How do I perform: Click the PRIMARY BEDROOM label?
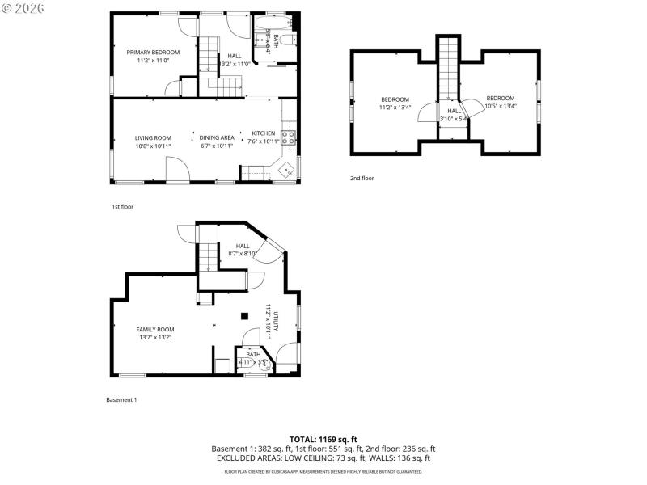pyautogui.click(x=153, y=52)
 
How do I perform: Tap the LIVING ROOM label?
pyautogui.click(x=153, y=138)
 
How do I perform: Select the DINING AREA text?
pyautogui.click(x=217, y=138)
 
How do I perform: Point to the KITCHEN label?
pyautogui.click(x=263, y=133)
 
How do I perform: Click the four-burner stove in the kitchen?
pyautogui.click(x=289, y=137)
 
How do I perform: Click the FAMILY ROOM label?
pyautogui.click(x=154, y=330)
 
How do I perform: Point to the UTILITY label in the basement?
pyautogui.click(x=276, y=321)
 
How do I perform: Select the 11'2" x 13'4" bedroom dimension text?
pyautogui.click(x=395, y=107)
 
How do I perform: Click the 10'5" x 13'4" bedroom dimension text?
pyautogui.click(x=500, y=106)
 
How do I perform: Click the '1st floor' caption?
pyautogui.click(x=122, y=207)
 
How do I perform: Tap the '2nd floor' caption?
pyautogui.click(x=362, y=178)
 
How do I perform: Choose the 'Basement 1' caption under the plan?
pyautogui.click(x=122, y=399)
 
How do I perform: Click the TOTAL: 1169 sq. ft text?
pyautogui.click(x=323, y=439)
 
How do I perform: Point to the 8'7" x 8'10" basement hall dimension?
pyautogui.click(x=243, y=254)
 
